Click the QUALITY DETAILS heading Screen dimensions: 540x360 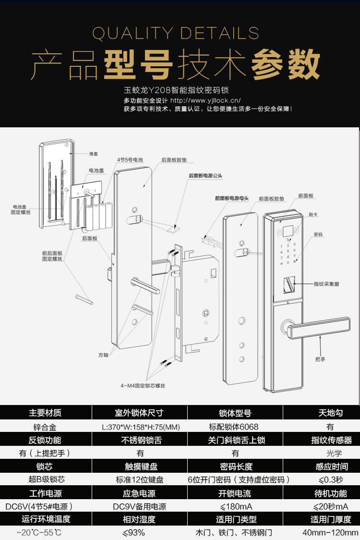click(x=176, y=34)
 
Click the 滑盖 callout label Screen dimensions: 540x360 click(x=93, y=154)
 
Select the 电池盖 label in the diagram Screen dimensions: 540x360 click(x=94, y=171)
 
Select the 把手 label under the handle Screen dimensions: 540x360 click(x=320, y=359)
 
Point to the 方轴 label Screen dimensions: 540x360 click(x=103, y=355)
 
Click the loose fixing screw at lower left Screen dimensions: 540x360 click(x=83, y=298)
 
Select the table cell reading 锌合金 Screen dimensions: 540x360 click(x=45, y=427)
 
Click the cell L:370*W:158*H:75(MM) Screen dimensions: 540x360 click(x=139, y=427)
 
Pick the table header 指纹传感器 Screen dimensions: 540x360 click(x=331, y=440)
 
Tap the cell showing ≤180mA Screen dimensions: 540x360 click(x=235, y=506)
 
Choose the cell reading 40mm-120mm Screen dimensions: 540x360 click(x=330, y=532)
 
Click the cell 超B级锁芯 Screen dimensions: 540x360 click(x=45, y=479)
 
